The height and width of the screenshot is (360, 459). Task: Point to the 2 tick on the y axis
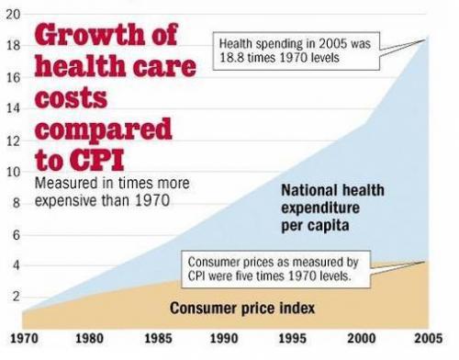click(x=13, y=297)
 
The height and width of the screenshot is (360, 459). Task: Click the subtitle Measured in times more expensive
click(x=112, y=191)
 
